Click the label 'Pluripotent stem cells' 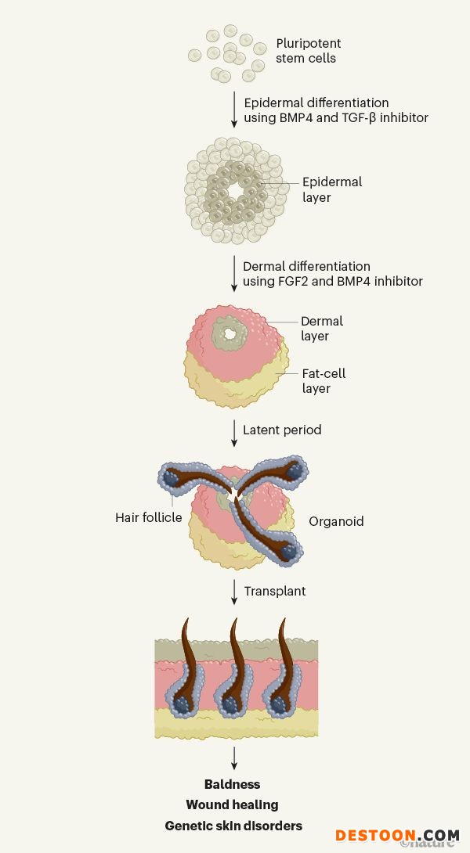click(308, 51)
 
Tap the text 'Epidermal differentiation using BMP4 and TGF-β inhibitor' click(336, 110)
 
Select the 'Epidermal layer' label click(332, 189)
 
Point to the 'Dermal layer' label click(322, 329)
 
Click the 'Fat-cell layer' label click(324, 381)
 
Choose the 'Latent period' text click(282, 430)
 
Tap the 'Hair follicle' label click(148, 517)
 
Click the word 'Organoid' click(336, 521)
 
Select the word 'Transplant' click(274, 591)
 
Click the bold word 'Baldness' click(232, 784)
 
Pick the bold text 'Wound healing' click(232, 804)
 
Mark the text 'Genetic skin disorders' click(233, 826)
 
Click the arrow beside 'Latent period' click(234, 433)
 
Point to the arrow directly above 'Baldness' click(234, 758)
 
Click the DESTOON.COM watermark click(397, 836)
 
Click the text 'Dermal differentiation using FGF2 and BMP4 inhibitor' click(332, 274)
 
